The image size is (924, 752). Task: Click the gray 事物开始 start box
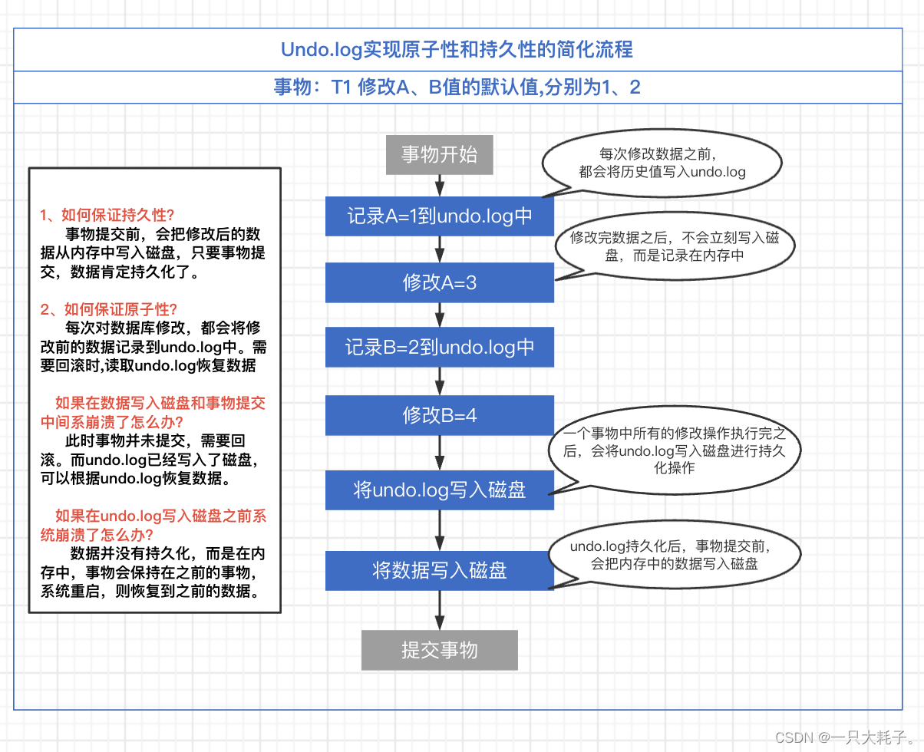pyautogui.click(x=439, y=155)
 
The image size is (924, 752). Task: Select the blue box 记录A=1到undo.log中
pyautogui.click(x=439, y=216)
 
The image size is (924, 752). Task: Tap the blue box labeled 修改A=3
pyautogui.click(x=439, y=282)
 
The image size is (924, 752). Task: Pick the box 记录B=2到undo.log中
pyautogui.click(x=439, y=348)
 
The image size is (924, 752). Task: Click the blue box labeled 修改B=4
pyautogui.click(x=439, y=415)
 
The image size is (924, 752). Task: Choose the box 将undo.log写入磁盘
pyautogui.click(x=439, y=490)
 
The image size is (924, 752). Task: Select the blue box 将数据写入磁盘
pyautogui.click(x=439, y=570)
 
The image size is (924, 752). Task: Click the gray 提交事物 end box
pyautogui.click(x=439, y=651)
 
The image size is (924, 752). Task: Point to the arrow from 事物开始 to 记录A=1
pyautogui.click(x=439, y=185)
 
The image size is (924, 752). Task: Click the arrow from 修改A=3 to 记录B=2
pyautogui.click(x=439, y=315)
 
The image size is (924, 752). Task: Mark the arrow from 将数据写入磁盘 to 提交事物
pyautogui.click(x=439, y=610)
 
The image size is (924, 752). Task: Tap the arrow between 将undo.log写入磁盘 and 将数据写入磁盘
pyautogui.click(x=439, y=530)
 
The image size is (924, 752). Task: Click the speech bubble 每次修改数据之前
pyautogui.click(x=662, y=163)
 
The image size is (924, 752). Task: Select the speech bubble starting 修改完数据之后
pyautogui.click(x=675, y=246)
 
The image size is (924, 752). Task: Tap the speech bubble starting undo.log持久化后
pyautogui.click(x=675, y=556)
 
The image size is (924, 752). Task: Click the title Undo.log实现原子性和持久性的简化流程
pyautogui.click(x=457, y=50)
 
